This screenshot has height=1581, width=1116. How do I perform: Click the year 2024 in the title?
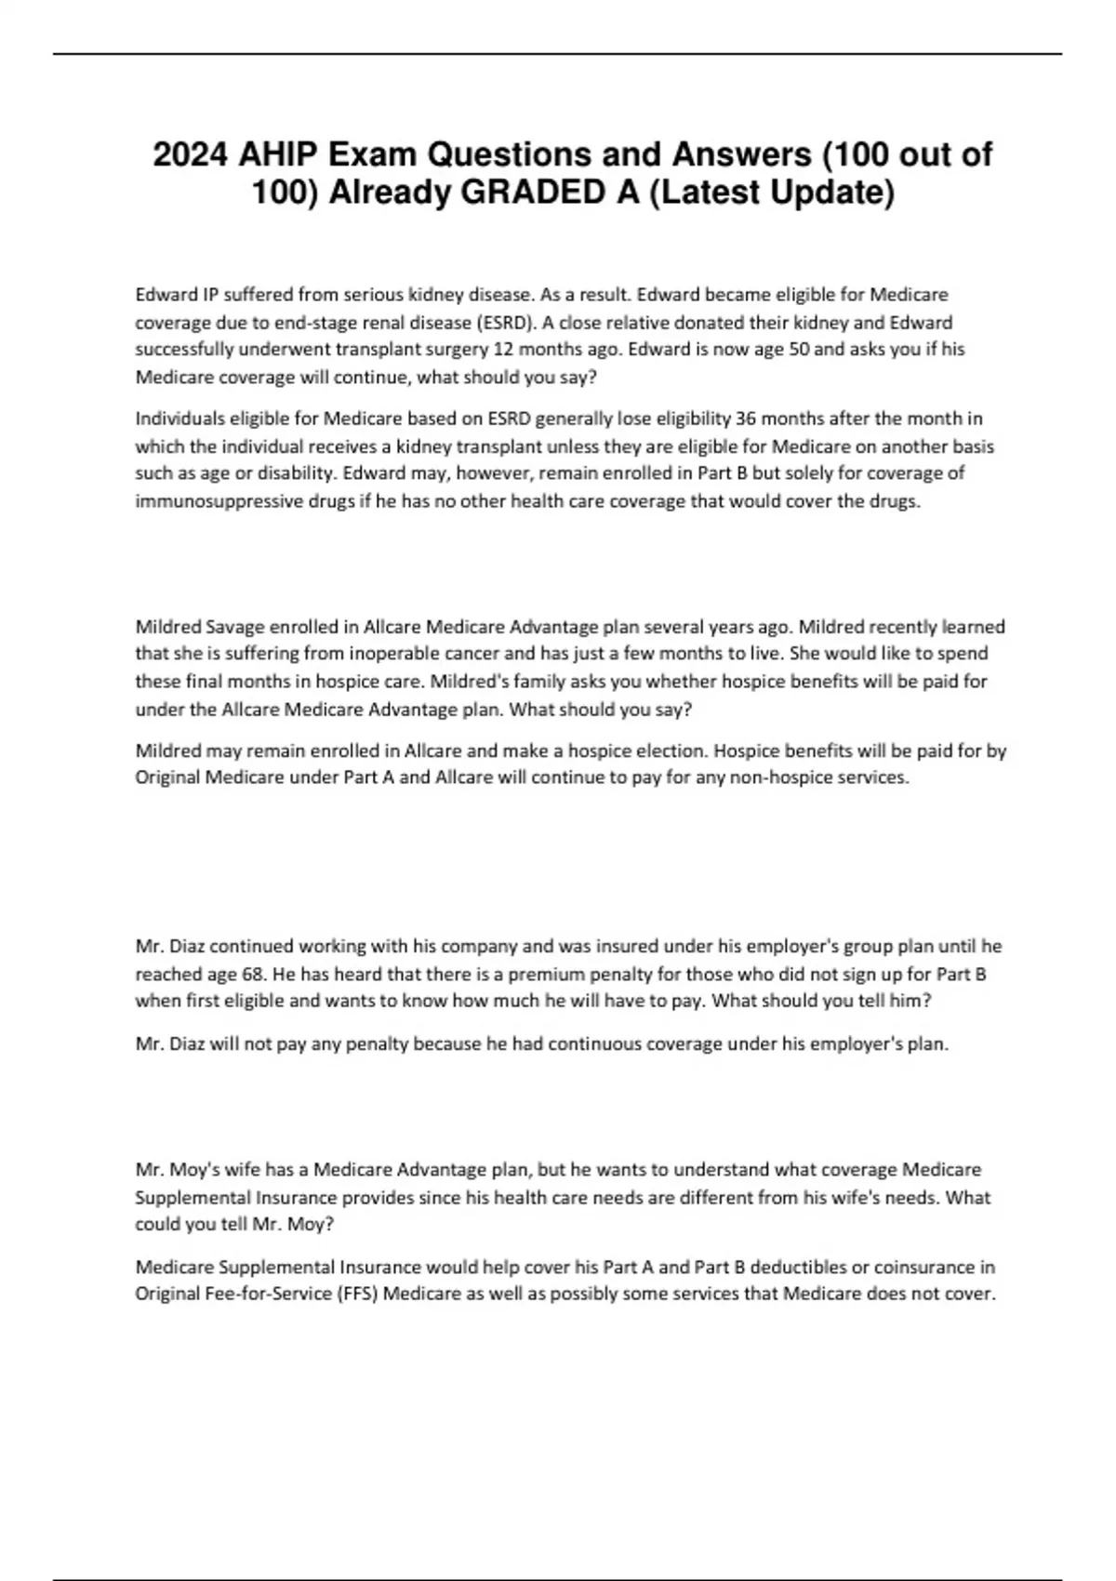pyautogui.click(x=190, y=154)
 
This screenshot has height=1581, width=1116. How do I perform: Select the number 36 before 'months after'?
pyautogui.click(x=746, y=418)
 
